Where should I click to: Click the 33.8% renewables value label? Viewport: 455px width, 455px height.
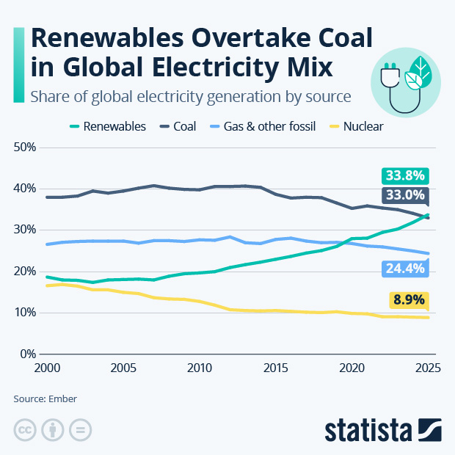tap(405, 175)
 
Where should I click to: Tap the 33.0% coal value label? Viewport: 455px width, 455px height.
tap(405, 195)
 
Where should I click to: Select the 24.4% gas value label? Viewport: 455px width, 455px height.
tap(405, 269)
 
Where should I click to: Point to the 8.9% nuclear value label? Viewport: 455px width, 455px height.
tap(408, 300)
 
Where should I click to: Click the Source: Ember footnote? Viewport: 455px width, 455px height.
tap(45, 398)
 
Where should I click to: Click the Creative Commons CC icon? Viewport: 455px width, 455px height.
tap(25, 429)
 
